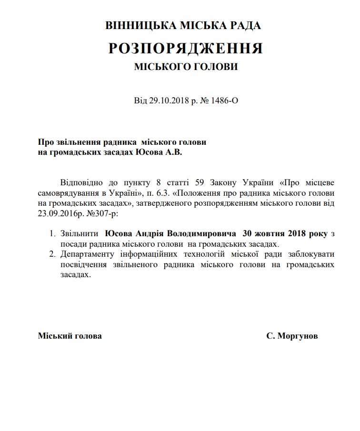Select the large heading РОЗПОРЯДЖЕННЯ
coord(186,48)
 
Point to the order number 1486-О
coord(222,101)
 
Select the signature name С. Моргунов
coord(292,336)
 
